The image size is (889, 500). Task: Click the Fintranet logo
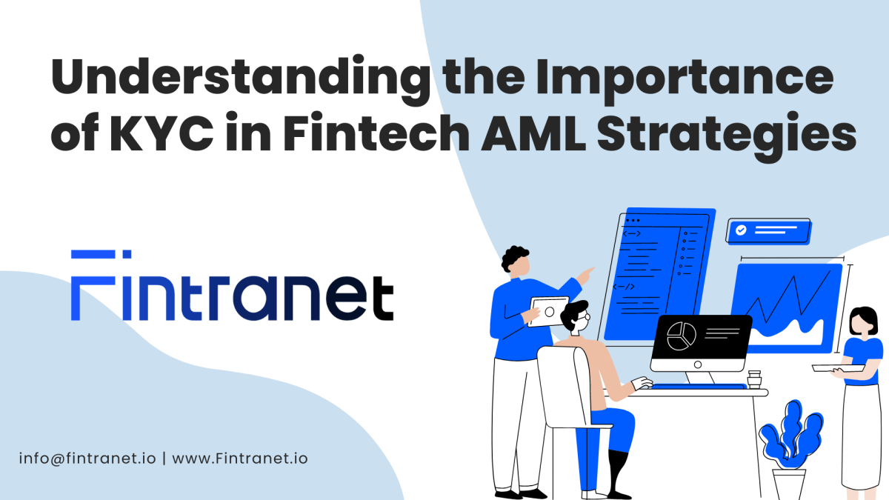pyautogui.click(x=232, y=286)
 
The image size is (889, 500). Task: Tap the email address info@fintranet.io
pyautogui.click(x=87, y=458)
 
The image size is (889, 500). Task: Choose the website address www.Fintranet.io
pyautogui.click(x=240, y=458)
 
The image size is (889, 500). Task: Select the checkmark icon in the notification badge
pyautogui.click(x=740, y=230)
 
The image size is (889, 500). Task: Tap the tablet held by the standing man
pyautogui.click(x=549, y=311)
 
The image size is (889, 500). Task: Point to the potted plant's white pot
pyautogui.click(x=789, y=483)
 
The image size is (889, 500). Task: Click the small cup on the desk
pyautogui.click(x=754, y=379)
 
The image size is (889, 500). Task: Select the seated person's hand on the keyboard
pyautogui.click(x=642, y=384)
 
